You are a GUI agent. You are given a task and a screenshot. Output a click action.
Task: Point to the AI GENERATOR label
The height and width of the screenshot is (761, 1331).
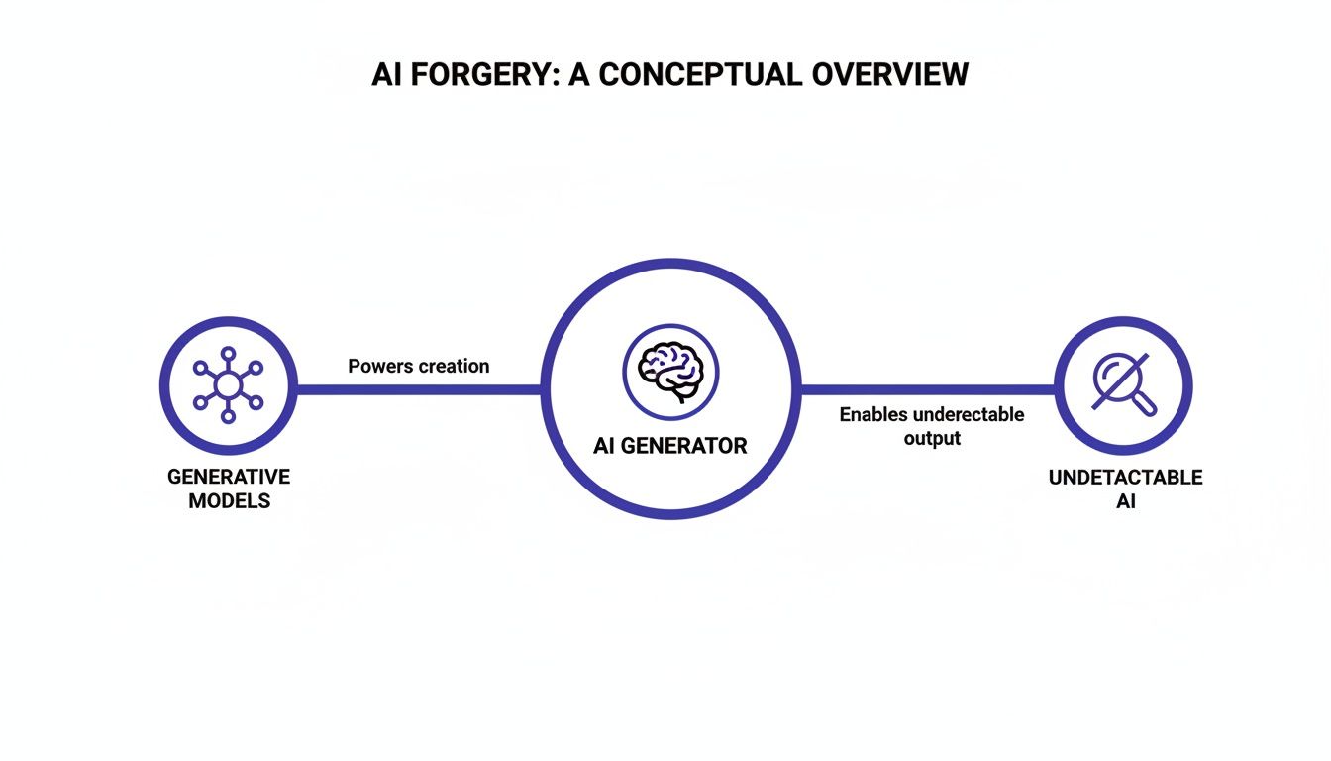(x=670, y=446)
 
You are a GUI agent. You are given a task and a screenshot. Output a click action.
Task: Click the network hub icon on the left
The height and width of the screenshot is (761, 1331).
(x=229, y=384)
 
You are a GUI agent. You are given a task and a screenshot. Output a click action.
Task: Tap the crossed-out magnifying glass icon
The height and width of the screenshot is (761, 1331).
(x=1123, y=384)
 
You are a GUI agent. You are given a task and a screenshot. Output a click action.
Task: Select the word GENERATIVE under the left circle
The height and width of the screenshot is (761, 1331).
(x=229, y=477)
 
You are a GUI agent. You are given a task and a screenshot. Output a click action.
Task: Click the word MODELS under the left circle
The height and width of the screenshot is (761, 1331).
(x=229, y=501)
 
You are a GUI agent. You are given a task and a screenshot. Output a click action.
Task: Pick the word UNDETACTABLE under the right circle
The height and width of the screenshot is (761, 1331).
(x=1125, y=478)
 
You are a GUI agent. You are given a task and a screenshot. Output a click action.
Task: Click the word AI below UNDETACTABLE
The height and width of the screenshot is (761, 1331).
(x=1125, y=502)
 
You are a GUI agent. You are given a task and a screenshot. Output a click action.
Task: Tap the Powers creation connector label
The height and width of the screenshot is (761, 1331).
(x=419, y=366)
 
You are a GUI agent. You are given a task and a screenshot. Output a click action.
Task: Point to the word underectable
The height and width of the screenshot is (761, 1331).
(x=969, y=414)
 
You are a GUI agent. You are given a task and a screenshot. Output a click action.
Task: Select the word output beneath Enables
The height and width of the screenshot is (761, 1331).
(x=932, y=438)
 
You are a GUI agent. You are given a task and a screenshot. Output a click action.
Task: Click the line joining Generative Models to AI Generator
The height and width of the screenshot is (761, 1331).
(x=419, y=388)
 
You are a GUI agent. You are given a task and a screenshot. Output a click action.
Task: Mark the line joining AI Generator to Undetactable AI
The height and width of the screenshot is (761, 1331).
(x=926, y=388)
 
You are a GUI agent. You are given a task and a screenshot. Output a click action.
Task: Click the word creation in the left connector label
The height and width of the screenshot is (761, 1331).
(x=454, y=366)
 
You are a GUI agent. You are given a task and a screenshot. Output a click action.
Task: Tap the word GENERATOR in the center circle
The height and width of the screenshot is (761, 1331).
(x=685, y=446)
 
